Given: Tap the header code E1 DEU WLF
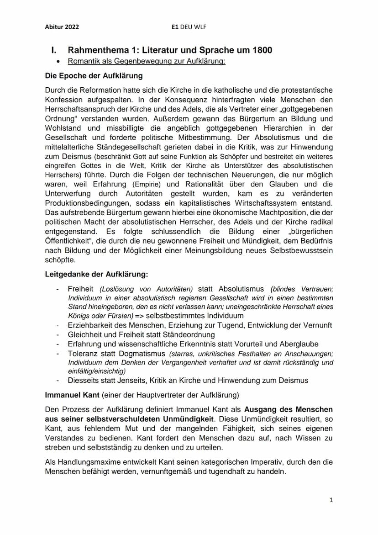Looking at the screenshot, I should coord(189,27).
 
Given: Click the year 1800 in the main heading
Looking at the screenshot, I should coord(262,50).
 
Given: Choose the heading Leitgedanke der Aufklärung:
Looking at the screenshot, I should coord(96,275).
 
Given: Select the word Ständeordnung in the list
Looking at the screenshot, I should coord(170,334).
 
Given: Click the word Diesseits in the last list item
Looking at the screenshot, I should coord(83,380).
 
